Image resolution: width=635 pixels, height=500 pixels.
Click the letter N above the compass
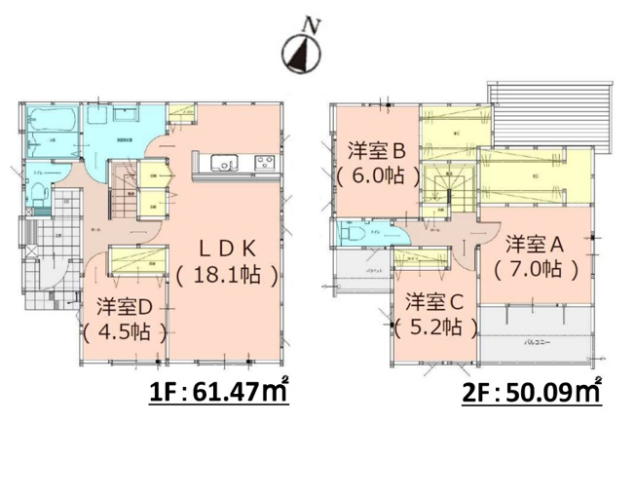pos(310,23)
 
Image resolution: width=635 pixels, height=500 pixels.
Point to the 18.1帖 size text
pos(229,276)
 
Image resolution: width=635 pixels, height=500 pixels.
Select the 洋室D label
pos(123,305)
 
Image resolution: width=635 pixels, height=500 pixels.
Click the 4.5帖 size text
pos(123,330)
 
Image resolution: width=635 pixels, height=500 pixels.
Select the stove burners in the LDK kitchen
pos(264,161)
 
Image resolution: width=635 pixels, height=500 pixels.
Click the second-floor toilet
pos(353,237)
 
